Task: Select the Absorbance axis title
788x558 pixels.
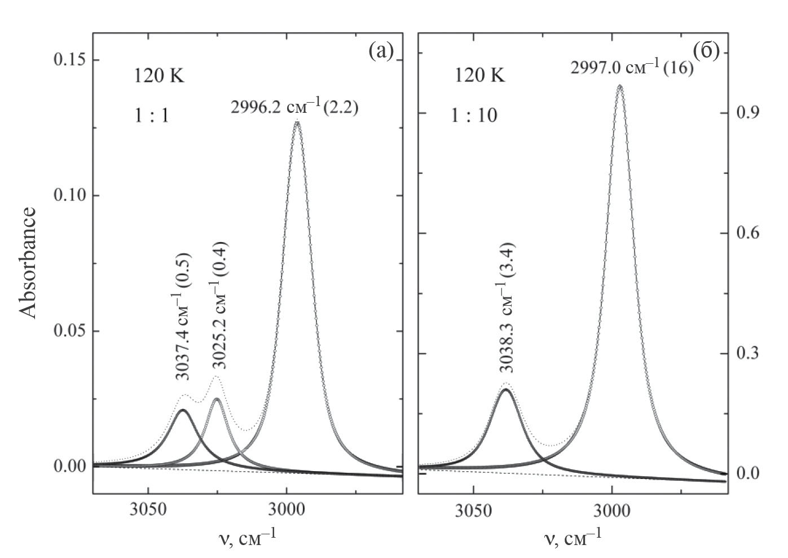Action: coord(28,263)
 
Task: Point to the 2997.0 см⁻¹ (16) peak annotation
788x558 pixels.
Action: coord(632,68)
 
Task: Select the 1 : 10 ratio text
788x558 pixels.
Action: coord(473,116)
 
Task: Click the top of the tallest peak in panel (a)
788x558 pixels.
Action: coord(297,122)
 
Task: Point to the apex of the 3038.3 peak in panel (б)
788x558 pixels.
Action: coord(506,389)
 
